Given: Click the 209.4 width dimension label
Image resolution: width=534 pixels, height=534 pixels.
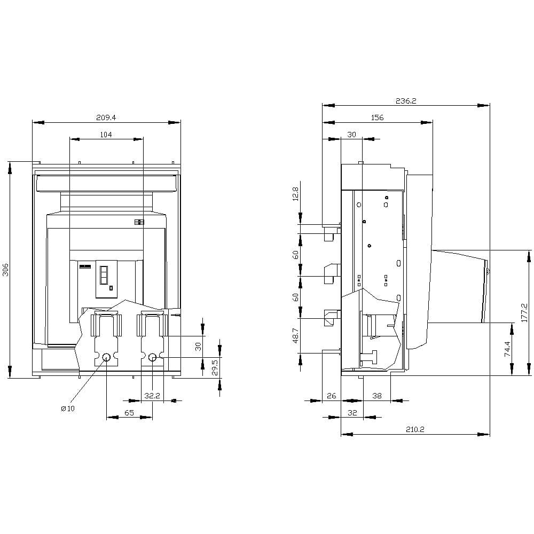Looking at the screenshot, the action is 106,117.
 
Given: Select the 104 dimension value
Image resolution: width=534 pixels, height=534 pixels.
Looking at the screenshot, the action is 106,135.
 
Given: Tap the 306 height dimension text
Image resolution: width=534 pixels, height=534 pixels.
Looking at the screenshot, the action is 6,270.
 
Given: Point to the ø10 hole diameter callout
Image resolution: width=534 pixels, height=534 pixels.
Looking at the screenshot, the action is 68,409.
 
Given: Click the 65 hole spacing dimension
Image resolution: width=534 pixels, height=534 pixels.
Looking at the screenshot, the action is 129,413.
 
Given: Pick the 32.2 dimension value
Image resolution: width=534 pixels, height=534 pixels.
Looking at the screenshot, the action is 152,396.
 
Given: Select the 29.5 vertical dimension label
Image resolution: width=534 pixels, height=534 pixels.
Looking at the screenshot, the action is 215,368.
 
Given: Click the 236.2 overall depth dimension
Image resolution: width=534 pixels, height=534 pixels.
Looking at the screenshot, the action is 406,101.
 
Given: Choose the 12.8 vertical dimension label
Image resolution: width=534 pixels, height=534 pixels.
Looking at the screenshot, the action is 295,194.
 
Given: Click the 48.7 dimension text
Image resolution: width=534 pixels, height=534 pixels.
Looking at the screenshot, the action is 295,335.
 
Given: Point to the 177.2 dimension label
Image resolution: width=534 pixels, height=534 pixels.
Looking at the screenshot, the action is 524,312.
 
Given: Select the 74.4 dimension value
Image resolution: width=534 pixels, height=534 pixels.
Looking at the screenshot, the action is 507,349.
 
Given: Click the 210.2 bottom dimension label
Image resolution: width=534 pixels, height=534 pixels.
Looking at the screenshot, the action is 415,429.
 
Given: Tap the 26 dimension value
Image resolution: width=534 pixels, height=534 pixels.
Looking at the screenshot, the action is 332,396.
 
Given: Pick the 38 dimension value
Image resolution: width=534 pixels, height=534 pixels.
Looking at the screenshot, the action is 377,396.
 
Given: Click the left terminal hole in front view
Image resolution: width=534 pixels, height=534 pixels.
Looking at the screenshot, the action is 107,357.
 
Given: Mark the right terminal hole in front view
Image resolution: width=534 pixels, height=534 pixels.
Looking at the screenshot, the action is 152,357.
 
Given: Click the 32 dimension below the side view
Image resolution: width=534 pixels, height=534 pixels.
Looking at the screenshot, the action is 352,413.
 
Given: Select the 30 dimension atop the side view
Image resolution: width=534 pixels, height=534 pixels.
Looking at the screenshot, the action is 351,135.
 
